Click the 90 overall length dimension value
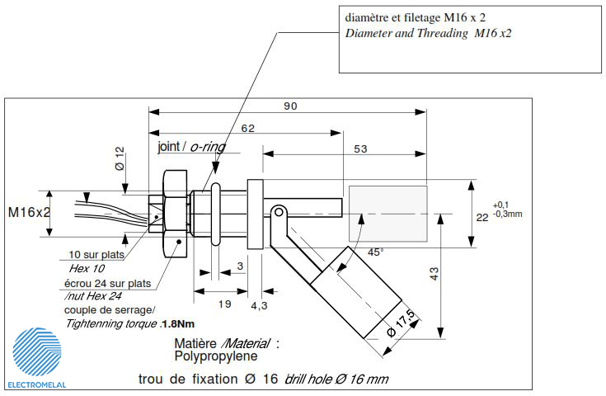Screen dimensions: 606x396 [290, 106]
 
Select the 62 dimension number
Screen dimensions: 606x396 [247, 128]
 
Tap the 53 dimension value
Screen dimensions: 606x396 [360, 148]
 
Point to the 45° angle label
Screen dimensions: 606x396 [375, 252]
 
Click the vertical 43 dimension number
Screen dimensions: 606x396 [434, 274]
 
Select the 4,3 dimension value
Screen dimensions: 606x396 [259, 306]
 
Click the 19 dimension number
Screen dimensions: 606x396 [224, 304]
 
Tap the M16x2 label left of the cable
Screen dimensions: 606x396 [30, 212]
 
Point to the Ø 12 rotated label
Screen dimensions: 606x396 [120, 158]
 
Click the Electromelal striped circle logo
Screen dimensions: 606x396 [37, 352]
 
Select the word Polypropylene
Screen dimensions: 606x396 [216, 356]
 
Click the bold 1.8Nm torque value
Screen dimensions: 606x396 [178, 323]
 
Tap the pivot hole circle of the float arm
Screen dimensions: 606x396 [279, 212]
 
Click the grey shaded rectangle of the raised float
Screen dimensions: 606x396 [388, 214]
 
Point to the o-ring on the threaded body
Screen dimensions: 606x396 [216, 214]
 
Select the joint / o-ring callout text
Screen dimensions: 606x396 [191, 147]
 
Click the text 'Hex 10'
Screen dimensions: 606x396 [87, 268]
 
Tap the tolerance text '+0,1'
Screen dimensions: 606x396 [500, 205]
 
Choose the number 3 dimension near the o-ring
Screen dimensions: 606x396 [241, 266]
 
